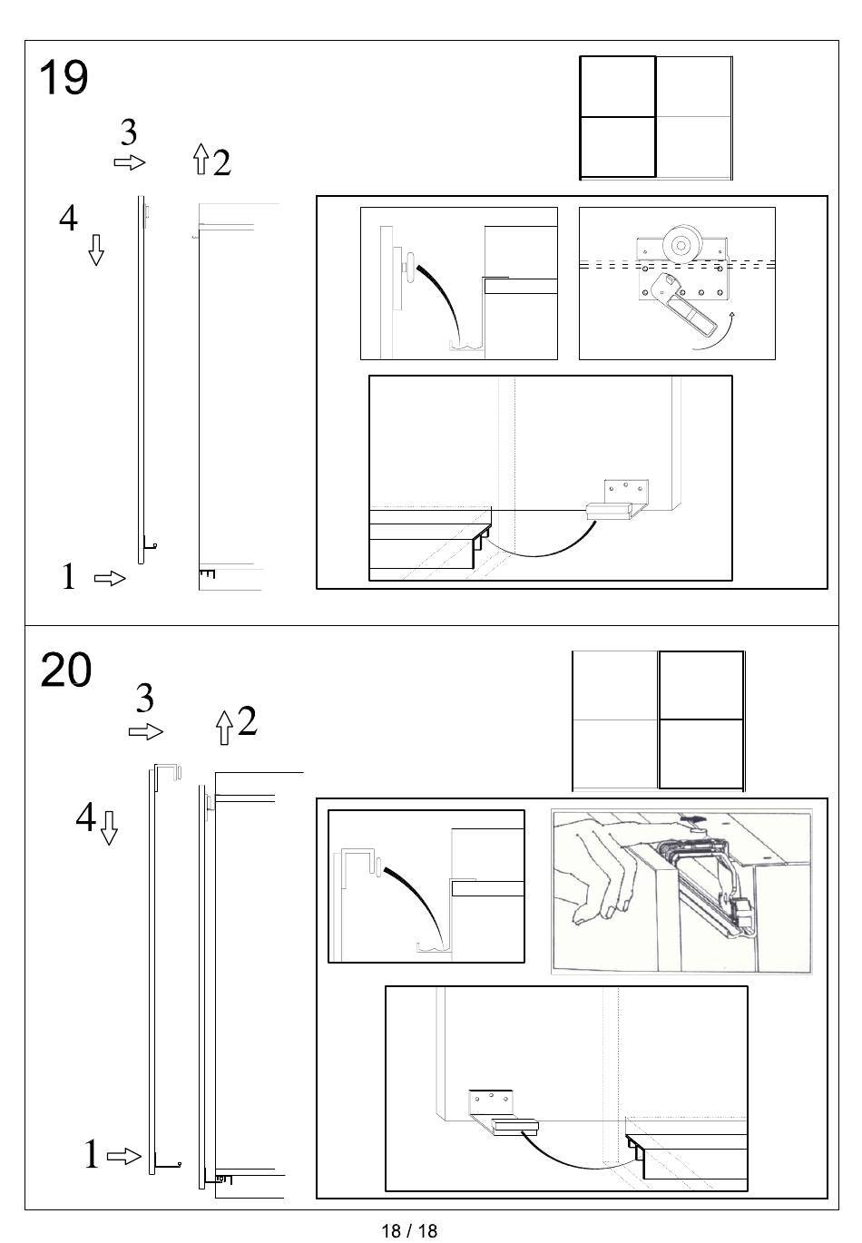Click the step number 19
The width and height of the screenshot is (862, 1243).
pyautogui.click(x=64, y=77)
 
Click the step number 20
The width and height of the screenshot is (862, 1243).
pyautogui.click(x=65, y=670)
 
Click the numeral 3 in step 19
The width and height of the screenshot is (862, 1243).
pyautogui.click(x=129, y=132)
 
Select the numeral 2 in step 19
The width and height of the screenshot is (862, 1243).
pyautogui.click(x=221, y=162)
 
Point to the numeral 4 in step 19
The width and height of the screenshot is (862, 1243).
pyautogui.click(x=68, y=218)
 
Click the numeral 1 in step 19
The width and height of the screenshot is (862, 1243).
pyautogui.click(x=68, y=576)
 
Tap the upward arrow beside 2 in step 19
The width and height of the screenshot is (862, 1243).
pyautogui.click(x=201, y=159)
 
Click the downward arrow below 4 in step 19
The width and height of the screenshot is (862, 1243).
pyautogui.click(x=96, y=250)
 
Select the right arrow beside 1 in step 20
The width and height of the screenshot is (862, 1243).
pyautogui.click(x=123, y=1157)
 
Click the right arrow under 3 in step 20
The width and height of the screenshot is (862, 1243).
pyautogui.click(x=146, y=731)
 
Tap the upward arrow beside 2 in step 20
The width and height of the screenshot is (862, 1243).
pyautogui.click(x=224, y=728)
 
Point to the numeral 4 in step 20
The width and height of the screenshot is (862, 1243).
pyautogui.click(x=85, y=817)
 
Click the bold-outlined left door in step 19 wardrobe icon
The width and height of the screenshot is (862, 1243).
pyautogui.click(x=618, y=117)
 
